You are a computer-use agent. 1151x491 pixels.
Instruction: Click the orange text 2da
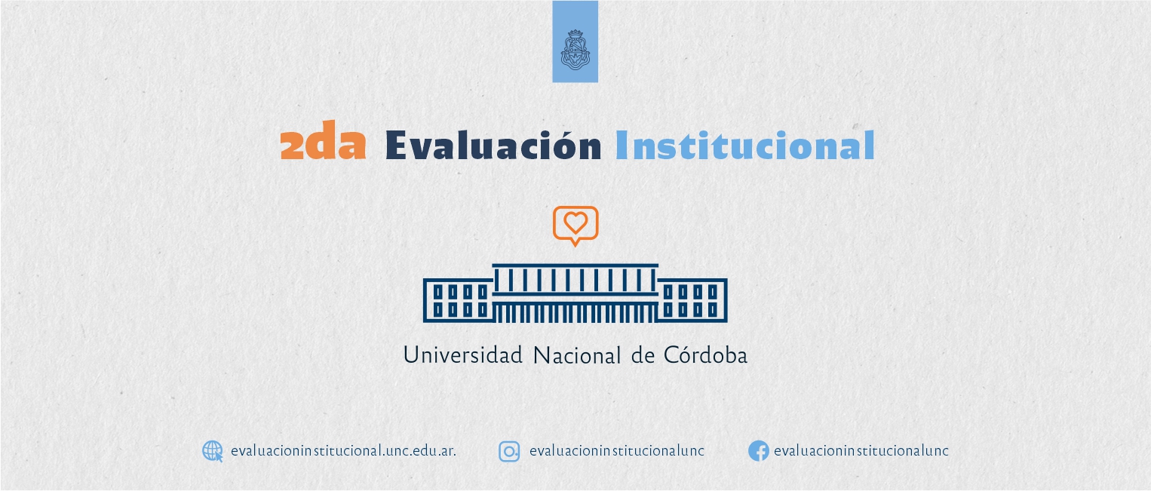point(324,141)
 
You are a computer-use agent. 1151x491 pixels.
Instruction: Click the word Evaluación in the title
point(493,144)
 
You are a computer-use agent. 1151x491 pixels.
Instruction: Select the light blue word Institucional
point(745,144)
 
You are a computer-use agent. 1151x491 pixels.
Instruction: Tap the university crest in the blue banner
point(575,49)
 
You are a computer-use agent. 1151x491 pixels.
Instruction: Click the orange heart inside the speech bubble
point(575,222)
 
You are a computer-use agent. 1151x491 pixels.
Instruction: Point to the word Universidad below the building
point(463,355)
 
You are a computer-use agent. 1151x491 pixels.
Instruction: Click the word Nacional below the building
point(577,355)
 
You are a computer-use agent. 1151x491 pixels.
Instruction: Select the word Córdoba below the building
point(705,354)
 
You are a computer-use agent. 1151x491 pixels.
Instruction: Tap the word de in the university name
point(643,355)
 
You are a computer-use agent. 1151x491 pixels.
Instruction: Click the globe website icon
point(212,451)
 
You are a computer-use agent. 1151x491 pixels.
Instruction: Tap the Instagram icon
point(509,452)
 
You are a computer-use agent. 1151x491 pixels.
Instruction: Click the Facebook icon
point(759,451)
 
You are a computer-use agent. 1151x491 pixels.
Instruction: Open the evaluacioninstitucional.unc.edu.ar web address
point(343,451)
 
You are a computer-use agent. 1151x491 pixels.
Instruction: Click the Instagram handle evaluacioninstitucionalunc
point(617,451)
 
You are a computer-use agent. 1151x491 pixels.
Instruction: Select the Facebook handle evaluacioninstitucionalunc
point(861,451)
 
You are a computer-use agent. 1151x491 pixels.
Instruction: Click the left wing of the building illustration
point(458,300)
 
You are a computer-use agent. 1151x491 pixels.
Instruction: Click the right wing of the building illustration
point(692,300)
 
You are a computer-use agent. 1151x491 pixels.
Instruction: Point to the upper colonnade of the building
point(575,280)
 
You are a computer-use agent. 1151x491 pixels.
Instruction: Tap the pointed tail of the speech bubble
point(575,243)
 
